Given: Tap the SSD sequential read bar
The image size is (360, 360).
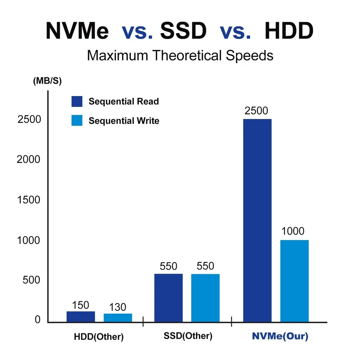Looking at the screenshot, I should coord(168,298).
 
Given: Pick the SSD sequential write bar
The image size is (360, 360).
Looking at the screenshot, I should coord(205,298).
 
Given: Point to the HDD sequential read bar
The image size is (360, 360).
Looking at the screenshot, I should coord(81,316).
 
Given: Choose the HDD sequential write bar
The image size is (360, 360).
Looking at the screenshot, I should coord(118,318).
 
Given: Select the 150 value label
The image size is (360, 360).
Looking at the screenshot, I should coord(81,305).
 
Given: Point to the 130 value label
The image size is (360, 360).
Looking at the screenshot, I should coord(118,307).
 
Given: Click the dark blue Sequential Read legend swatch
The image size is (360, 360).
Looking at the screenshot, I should coord(77,102).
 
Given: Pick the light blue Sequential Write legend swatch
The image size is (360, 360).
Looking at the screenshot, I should coord(77,121).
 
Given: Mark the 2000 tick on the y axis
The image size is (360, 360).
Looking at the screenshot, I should coord(28,159).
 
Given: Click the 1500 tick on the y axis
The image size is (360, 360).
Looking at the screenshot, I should coord(28,200).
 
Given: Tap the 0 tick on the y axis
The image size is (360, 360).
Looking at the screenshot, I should coord(37,320).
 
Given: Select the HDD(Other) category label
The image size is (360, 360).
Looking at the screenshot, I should coord(99,337).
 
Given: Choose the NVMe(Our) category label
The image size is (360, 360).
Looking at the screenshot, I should coord(280,336).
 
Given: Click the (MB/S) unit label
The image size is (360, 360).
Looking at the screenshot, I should coord(47,81).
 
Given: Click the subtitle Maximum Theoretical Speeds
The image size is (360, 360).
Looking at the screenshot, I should coord(180,56).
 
